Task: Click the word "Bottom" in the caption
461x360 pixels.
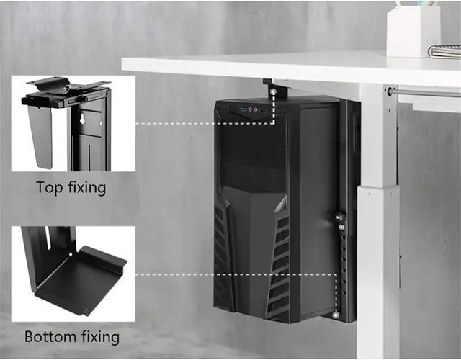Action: (49, 336)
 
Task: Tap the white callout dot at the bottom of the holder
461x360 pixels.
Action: (336, 315)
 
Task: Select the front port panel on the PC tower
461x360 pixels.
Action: (249, 111)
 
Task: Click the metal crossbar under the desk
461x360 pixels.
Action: (425, 92)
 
